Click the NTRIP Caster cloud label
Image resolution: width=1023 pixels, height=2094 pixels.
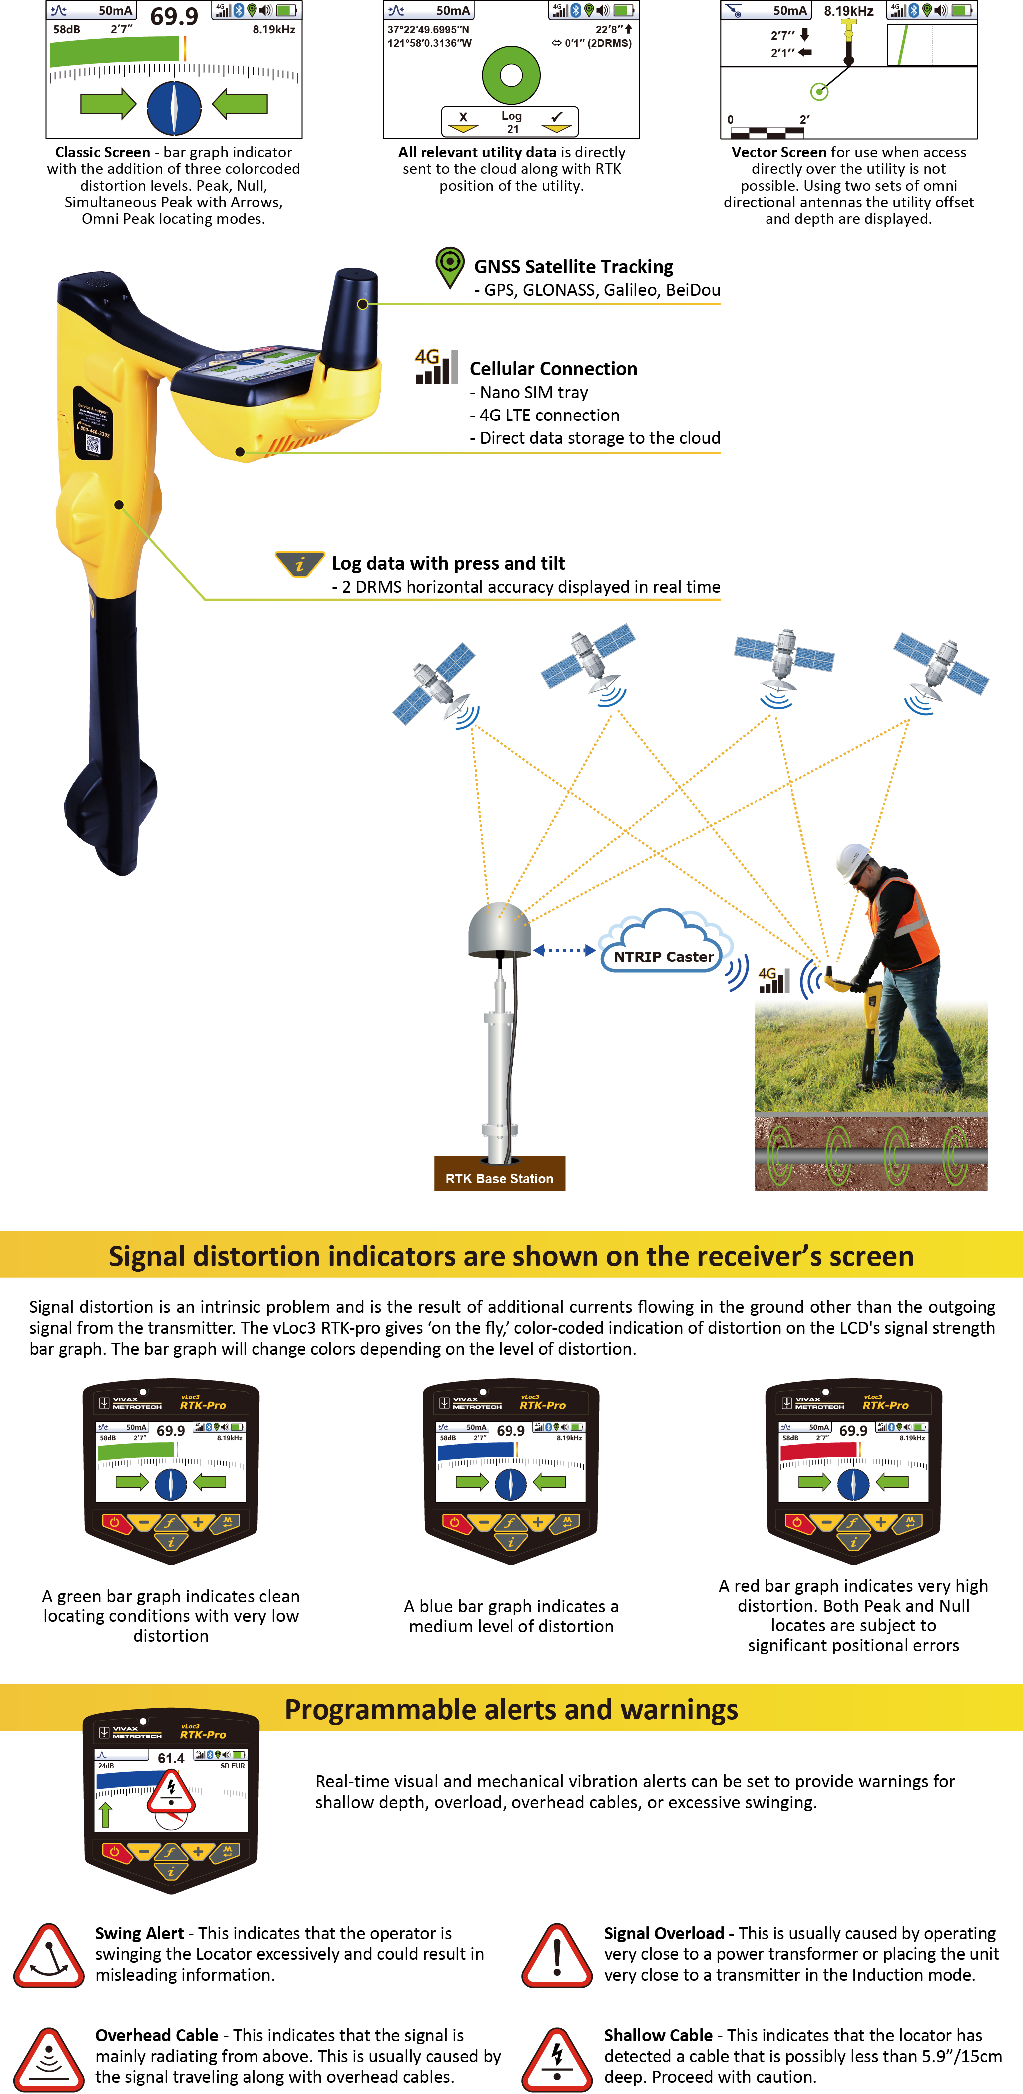[x=664, y=957]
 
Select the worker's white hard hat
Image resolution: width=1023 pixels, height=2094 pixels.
[x=853, y=858]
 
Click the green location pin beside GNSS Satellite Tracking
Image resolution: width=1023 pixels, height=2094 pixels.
[x=449, y=266]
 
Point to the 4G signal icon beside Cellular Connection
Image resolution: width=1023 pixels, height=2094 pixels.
[x=436, y=366]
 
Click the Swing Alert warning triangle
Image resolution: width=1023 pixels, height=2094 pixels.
[x=49, y=1957]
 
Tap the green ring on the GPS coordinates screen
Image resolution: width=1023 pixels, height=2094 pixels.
[x=511, y=75]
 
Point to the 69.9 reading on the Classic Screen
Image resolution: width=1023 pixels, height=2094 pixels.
[x=174, y=16]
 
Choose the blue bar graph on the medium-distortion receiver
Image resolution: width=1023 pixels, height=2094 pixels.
[x=475, y=1451]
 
